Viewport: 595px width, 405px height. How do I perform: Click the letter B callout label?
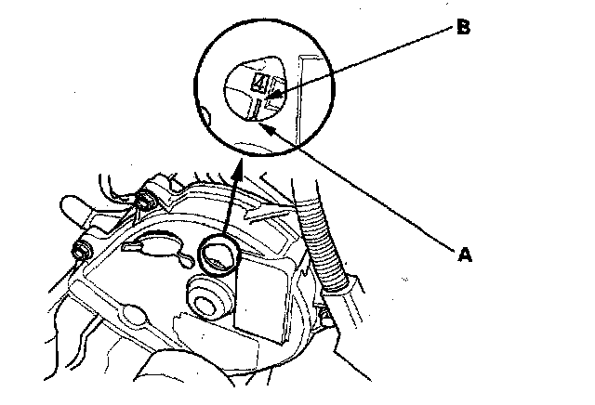(x=463, y=28)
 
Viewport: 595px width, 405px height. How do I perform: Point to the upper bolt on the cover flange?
(x=145, y=199)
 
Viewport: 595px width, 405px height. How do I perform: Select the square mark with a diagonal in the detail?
(x=263, y=86)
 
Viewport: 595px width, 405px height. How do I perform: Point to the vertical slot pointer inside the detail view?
(x=253, y=111)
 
